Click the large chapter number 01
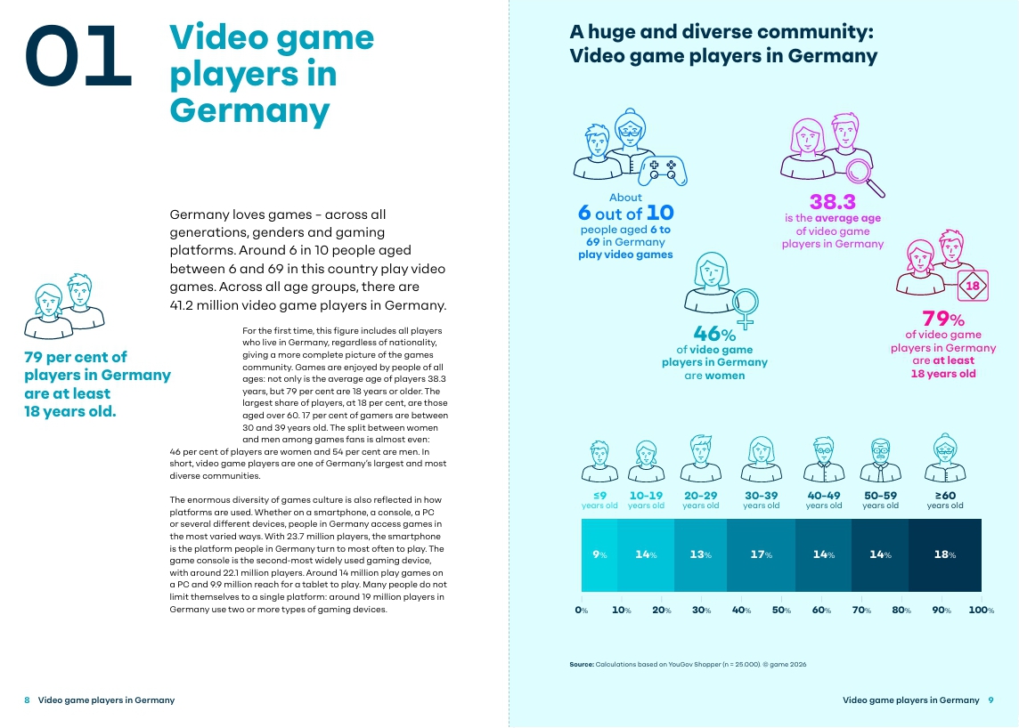[78, 56]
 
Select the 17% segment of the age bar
[761, 554]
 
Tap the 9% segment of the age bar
[599, 554]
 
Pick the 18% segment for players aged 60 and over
[945, 554]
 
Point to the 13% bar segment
[700, 554]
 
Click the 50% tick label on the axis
[782, 611]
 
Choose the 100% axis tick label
[982, 611]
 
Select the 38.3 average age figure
[833, 202]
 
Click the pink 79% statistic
[943, 319]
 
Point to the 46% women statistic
[714, 334]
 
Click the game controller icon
[663, 170]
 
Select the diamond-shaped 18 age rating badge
[973, 286]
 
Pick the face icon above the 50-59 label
[881, 460]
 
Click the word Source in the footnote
[581, 664]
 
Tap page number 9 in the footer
[991, 700]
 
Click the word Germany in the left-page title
[249, 110]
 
